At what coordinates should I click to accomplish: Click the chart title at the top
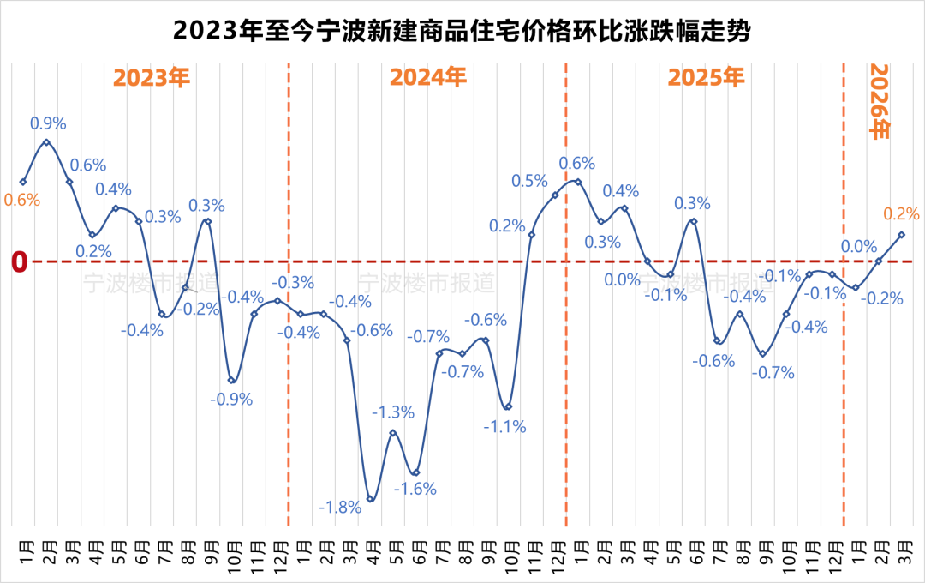pyautogui.click(x=462, y=32)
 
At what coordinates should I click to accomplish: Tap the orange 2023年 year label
pyautogui.click(x=152, y=78)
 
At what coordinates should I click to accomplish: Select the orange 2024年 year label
pyautogui.click(x=428, y=78)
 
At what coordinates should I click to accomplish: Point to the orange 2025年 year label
pyautogui.click(x=707, y=78)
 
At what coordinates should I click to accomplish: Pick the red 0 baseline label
pyautogui.click(x=20, y=262)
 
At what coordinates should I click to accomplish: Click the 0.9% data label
pyautogui.click(x=48, y=123)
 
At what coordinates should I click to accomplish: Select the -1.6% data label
pyautogui.click(x=415, y=489)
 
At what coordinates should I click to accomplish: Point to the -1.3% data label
pyautogui.click(x=393, y=412)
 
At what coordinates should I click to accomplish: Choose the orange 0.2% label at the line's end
pyautogui.click(x=901, y=213)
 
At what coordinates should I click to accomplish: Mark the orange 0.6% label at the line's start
pyautogui.click(x=22, y=200)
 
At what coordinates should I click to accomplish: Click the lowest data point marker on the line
pyautogui.click(x=370, y=499)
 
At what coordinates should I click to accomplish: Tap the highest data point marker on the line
pyautogui.click(x=46, y=142)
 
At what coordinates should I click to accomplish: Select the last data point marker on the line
pyautogui.click(x=901, y=234)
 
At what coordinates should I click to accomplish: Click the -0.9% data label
pyautogui.click(x=231, y=399)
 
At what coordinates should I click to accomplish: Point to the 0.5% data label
pyautogui.click(x=529, y=181)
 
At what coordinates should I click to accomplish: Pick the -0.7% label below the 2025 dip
pyautogui.click(x=773, y=373)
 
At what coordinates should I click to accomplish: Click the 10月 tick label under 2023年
pyautogui.click(x=233, y=550)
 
